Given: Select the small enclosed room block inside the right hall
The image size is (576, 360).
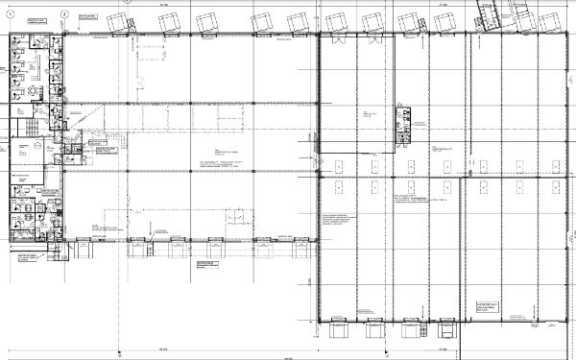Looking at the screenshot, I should click(405, 126).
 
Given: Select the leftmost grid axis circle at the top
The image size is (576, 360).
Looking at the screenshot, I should click(11, 13).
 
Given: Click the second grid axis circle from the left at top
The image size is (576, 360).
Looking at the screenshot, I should click(62, 13).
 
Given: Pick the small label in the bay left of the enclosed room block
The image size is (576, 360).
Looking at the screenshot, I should click(370, 114).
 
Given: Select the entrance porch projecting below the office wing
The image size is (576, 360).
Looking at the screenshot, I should click(59, 252).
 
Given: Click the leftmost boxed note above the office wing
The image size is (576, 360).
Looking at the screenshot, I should click(36, 19).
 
